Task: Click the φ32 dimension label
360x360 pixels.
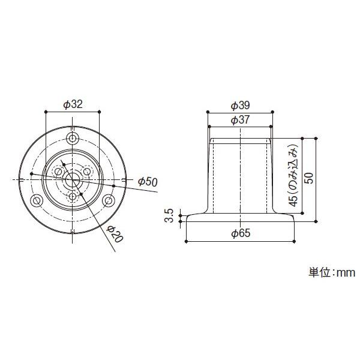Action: pos(73,104)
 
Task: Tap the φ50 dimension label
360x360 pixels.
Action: pos(147,182)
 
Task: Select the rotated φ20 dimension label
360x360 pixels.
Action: pos(115,234)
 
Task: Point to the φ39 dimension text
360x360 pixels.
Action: pos(240,105)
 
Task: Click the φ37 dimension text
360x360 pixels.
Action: pos(240,119)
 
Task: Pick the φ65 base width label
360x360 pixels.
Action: pos(240,234)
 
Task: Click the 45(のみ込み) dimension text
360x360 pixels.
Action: pos(293,175)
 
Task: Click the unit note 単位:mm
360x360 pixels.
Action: pos(332,272)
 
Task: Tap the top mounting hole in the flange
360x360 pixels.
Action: pos(73,139)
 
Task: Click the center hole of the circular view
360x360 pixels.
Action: pos(73,179)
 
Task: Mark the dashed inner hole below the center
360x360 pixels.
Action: pos(73,196)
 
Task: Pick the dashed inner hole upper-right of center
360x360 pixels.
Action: pos(88,172)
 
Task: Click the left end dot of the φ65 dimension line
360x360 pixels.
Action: pos(187,241)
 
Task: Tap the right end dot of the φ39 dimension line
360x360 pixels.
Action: pos(273,112)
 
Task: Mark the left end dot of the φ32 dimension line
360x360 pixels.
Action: pos(46,112)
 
